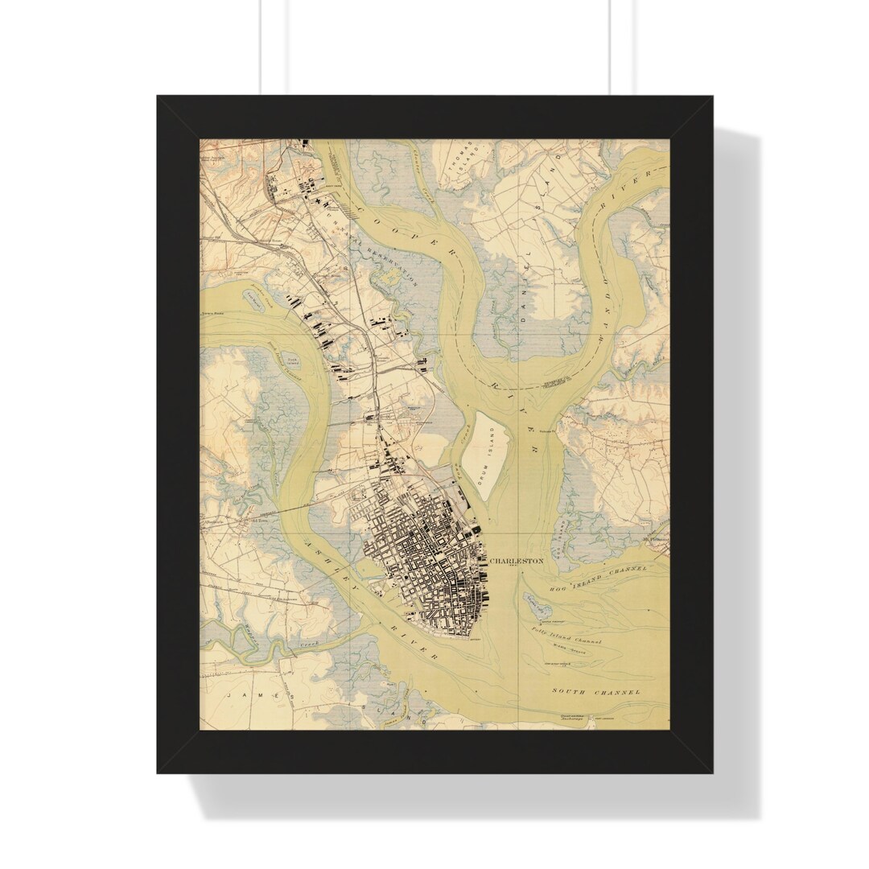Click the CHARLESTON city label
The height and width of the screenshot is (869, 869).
point(517,561)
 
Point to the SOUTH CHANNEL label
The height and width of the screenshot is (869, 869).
point(596,691)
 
